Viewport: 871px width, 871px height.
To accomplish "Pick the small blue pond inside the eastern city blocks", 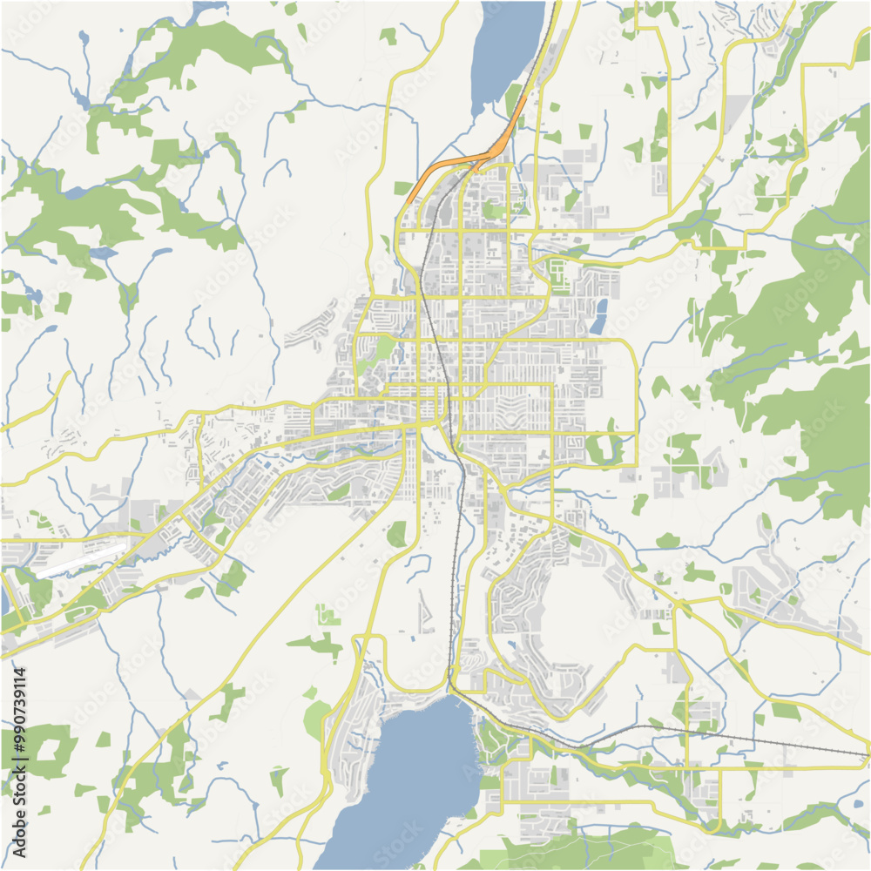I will point(598,316).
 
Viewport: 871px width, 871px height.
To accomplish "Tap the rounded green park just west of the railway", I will point(397,534).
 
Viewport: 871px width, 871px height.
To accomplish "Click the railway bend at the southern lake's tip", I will point(452,687).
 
